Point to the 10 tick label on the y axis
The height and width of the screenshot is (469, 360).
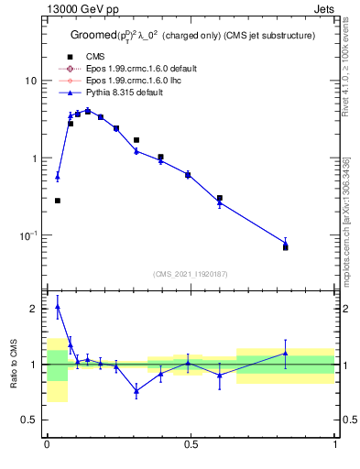point(31,81)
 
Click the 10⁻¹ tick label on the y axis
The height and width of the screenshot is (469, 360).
point(29,235)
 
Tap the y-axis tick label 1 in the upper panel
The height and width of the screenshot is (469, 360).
point(35,158)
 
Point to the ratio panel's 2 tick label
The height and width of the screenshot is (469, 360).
point(35,309)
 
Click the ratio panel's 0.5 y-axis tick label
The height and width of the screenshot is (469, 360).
point(30,420)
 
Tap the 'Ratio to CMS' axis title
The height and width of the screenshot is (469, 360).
point(13,365)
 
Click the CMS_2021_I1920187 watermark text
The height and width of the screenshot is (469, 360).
point(191,274)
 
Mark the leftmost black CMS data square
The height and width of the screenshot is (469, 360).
point(57,201)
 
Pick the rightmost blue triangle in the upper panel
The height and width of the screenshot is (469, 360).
point(285,244)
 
